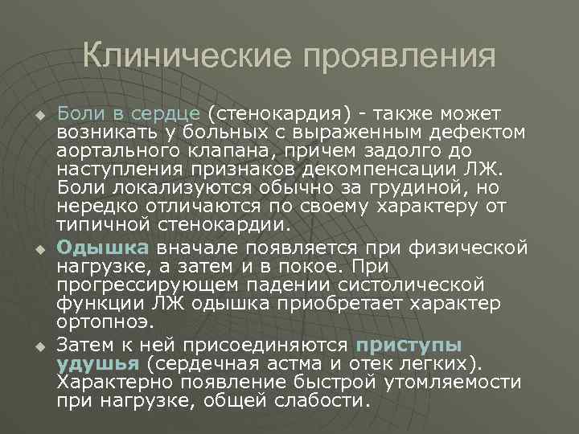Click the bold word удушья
[x=89, y=362]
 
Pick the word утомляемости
[x=456, y=381]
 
